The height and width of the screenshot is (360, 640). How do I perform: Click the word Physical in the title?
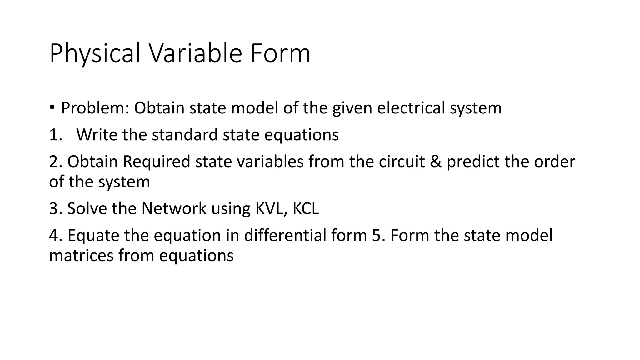(95, 54)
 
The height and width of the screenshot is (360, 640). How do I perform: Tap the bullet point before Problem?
(52, 107)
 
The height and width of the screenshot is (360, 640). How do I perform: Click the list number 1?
(56, 135)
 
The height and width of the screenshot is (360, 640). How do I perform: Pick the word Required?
(156, 162)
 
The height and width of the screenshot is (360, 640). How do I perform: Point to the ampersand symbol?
(436, 162)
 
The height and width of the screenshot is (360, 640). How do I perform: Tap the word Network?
(174, 208)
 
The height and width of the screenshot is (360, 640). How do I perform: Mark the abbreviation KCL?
(306, 208)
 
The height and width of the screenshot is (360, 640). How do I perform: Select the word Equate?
(93, 236)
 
